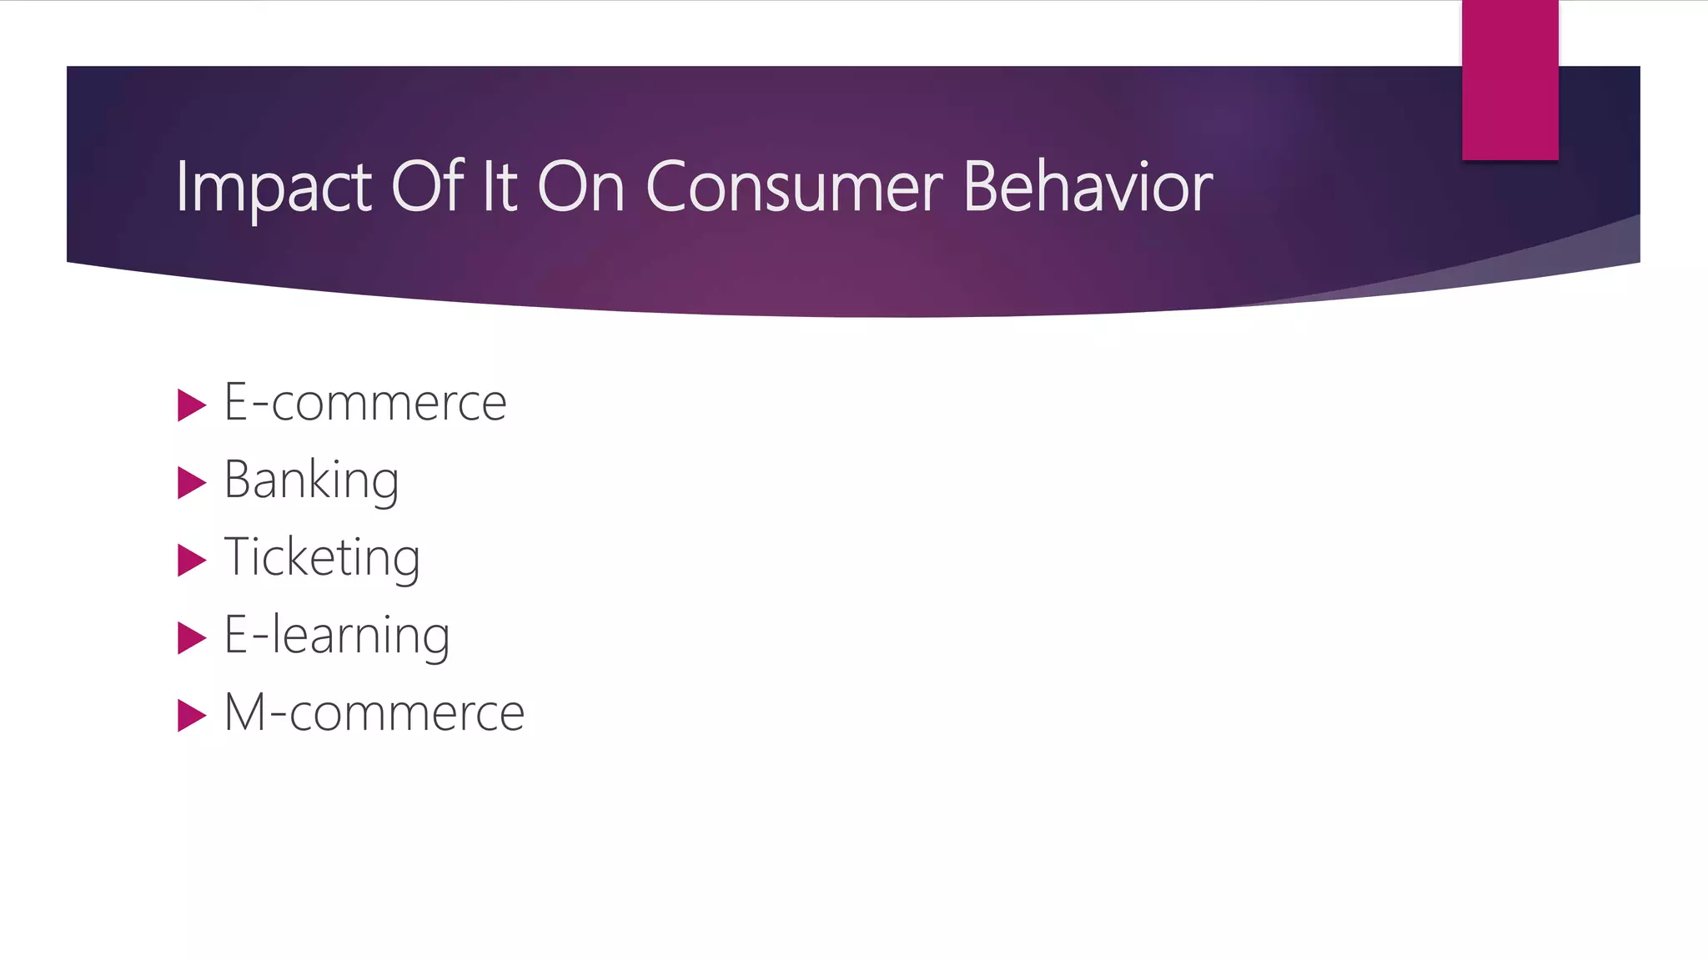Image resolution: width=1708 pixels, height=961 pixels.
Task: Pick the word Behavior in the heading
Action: [1088, 187]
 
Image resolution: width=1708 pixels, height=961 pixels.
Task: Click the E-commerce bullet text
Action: [365, 402]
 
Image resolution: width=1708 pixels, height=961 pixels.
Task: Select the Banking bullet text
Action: [312, 480]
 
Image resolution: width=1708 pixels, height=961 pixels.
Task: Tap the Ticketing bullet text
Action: [322, 557]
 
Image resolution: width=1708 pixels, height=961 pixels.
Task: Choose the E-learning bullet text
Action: [337, 636]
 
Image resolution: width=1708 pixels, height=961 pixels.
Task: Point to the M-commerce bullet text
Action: [374, 712]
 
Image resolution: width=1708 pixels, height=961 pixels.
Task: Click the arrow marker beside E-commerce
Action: [191, 405]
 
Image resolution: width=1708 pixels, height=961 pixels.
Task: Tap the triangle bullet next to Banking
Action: [191, 483]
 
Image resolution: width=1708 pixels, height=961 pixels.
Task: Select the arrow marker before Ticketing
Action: [191, 561]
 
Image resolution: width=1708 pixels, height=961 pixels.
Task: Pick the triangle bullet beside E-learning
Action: [191, 638]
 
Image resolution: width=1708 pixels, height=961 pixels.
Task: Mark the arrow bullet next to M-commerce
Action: [191, 716]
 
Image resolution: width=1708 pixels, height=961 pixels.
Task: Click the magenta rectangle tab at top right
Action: [1510, 79]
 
